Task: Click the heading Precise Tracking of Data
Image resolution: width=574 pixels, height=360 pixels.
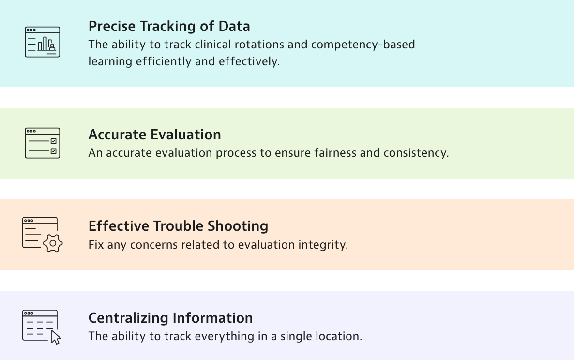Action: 169,26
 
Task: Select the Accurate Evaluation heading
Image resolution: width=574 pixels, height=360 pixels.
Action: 154,135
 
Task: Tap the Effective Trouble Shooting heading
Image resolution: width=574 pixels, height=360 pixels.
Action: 178,226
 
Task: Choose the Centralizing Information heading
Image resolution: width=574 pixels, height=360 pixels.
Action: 170,318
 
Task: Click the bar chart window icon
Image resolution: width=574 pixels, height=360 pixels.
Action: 43,42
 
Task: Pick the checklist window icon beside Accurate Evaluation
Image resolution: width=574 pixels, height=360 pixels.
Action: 43,143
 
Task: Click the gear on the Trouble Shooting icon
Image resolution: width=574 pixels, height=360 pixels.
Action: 53,243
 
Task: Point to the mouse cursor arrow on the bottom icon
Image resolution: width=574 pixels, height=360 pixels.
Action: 56,337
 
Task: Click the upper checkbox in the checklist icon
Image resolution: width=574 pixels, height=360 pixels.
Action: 53,141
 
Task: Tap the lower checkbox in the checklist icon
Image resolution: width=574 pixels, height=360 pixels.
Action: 53,151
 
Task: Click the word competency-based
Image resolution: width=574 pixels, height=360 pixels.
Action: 363,45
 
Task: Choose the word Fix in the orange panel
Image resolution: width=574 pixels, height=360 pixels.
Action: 96,245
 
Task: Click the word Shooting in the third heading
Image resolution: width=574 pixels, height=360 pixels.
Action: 238,226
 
